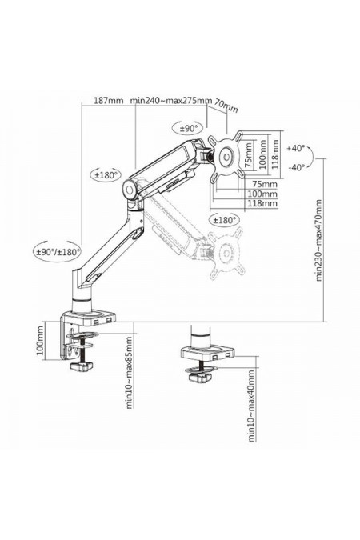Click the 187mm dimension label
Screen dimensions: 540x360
tap(109, 100)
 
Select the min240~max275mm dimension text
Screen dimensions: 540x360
tap(172, 100)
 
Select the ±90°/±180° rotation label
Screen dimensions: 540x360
tap(58, 251)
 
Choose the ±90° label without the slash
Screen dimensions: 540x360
tap(189, 128)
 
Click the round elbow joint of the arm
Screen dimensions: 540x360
tap(126, 190)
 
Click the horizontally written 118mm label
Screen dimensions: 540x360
tap(263, 203)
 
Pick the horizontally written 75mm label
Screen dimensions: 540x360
tap(263, 184)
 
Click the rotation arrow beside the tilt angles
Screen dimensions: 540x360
tap(313, 158)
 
